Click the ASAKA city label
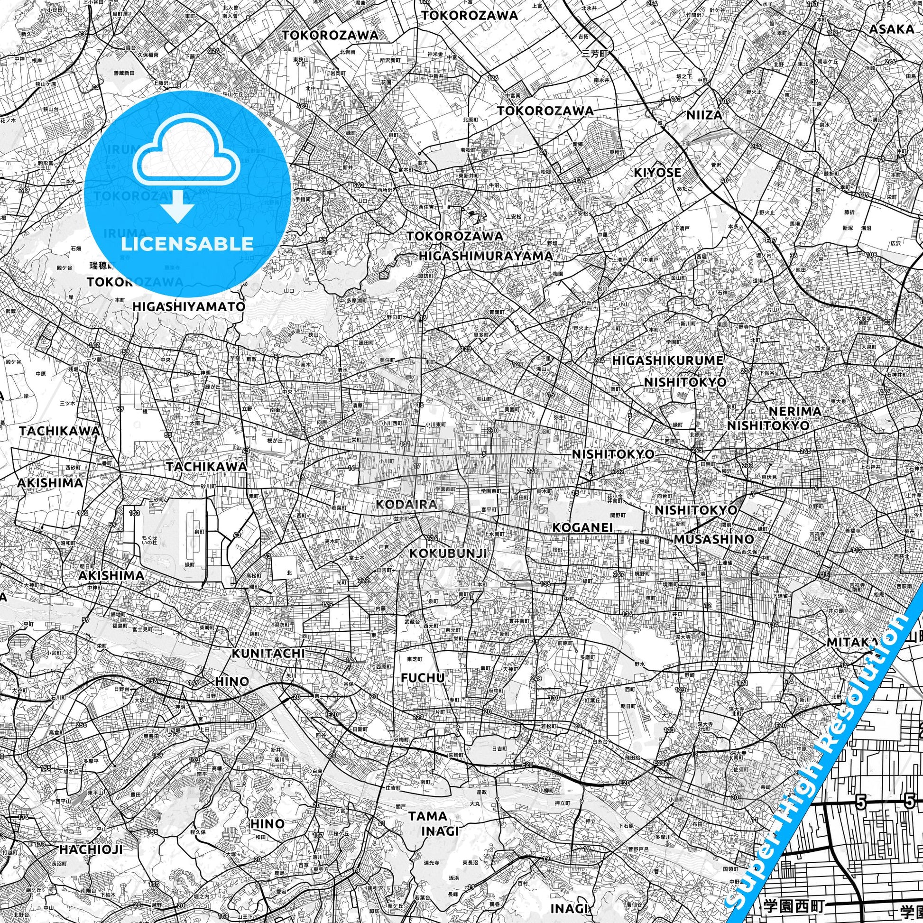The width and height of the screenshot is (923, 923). (892, 29)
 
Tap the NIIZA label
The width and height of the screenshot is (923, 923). (704, 115)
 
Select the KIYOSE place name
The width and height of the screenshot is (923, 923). (657, 173)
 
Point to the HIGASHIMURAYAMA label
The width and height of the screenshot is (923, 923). (486, 256)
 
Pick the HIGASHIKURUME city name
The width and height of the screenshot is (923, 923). (668, 360)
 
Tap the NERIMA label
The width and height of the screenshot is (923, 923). (795, 411)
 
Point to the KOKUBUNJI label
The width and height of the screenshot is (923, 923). (448, 553)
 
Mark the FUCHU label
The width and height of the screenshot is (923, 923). (423, 677)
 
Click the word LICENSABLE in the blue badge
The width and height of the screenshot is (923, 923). (187, 244)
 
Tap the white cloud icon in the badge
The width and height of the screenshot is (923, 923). (187, 154)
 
